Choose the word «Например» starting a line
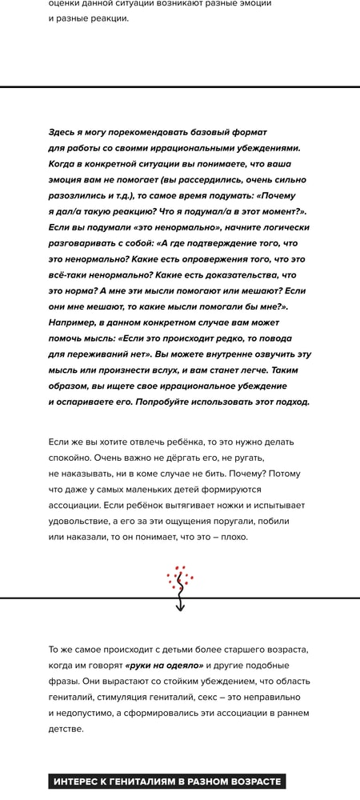tap(74, 322)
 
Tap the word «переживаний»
tap(106, 354)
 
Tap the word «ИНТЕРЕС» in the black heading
tap(78, 782)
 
